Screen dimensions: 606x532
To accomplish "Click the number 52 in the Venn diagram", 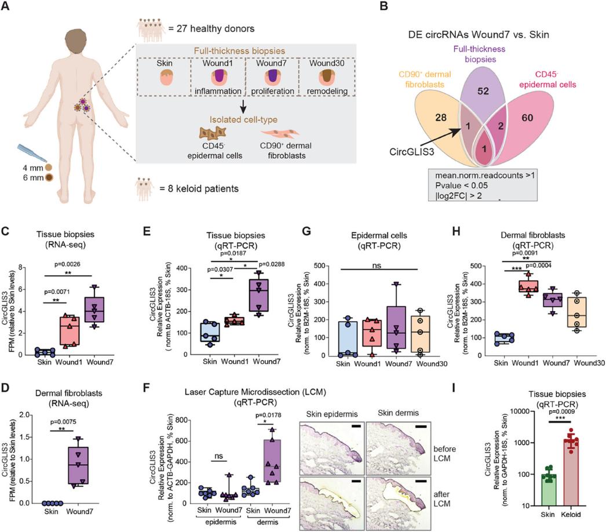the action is coord(483,91).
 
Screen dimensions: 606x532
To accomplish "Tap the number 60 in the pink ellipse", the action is coord(527,118).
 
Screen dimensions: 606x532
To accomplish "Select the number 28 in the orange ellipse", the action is coord(440,118).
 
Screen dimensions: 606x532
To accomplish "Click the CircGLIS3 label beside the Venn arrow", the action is coord(411,151).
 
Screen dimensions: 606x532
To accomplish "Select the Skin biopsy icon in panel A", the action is coord(165,77).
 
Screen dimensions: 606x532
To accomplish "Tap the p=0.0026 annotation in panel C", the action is coord(67,264).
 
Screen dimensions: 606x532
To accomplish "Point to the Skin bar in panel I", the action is coord(547,490).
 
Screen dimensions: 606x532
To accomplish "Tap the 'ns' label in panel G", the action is coord(377,265).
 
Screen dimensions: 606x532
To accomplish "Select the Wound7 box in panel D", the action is coord(78,465).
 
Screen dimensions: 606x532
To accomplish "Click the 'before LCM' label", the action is coord(444,454).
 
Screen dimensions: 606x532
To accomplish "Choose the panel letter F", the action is coord(147,387).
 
